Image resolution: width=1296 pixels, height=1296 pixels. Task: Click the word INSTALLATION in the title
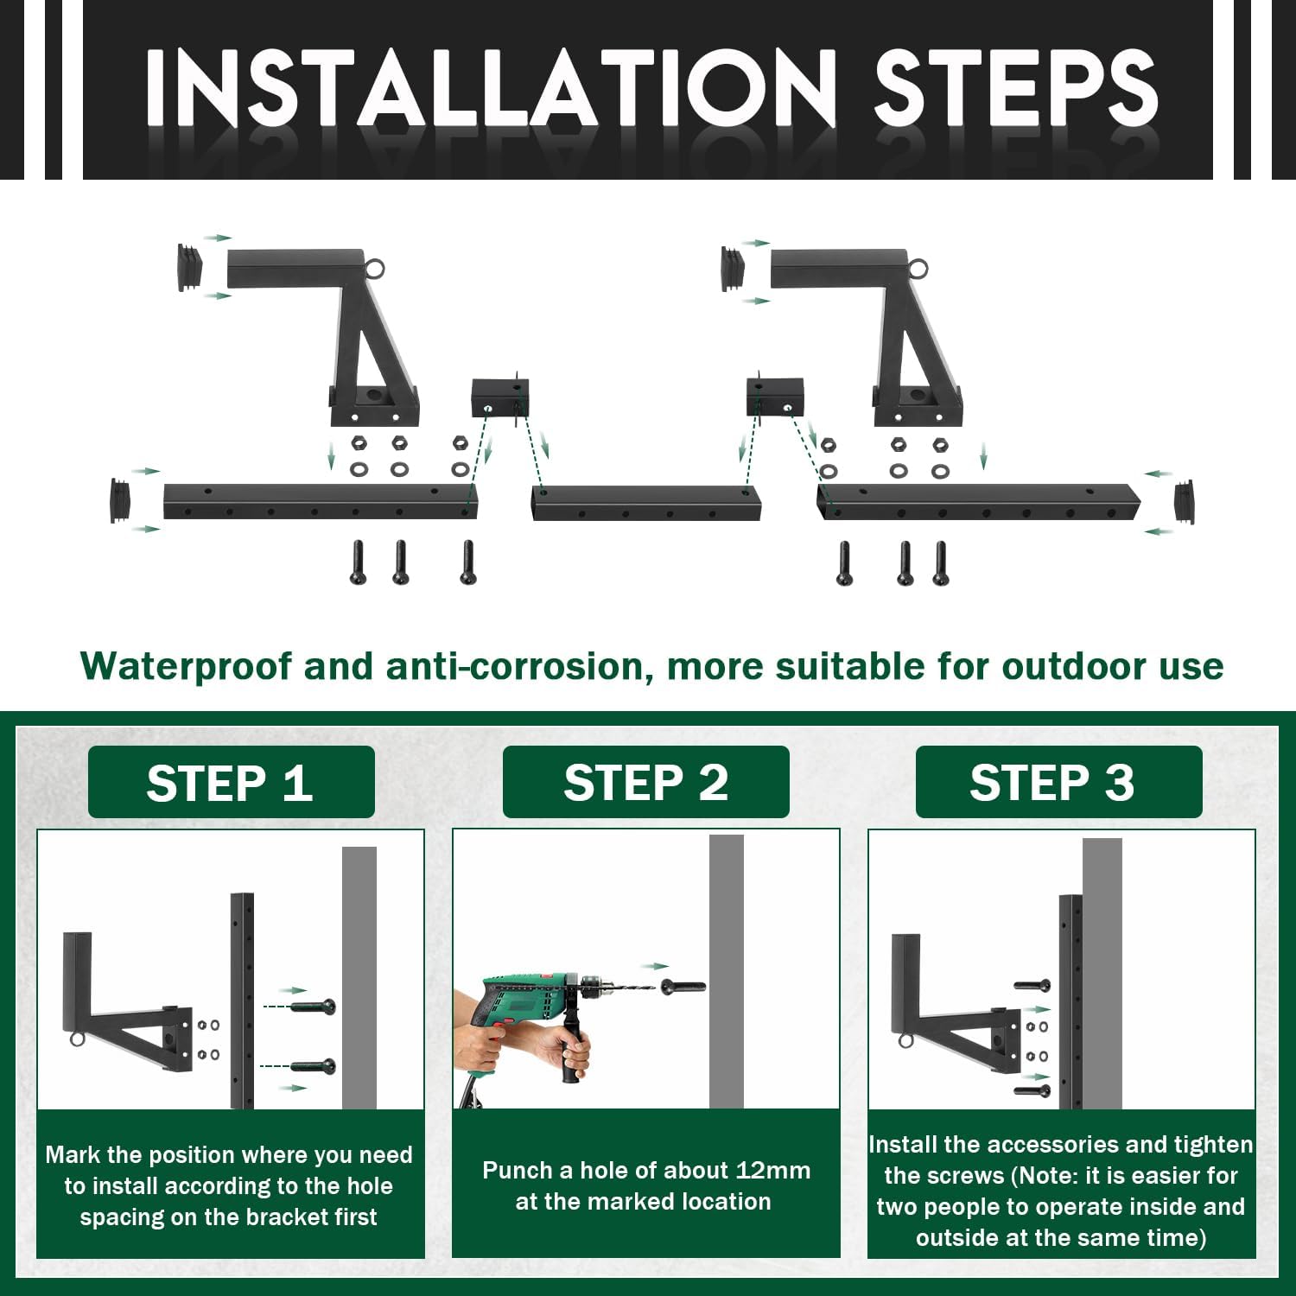[x=491, y=87]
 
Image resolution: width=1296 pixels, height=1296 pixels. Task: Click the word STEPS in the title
[x=1016, y=87]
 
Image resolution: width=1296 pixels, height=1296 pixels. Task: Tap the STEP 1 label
[x=230, y=783]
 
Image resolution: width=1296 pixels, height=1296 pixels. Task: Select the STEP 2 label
[x=645, y=783]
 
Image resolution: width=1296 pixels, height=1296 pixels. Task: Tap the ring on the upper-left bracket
[x=374, y=269]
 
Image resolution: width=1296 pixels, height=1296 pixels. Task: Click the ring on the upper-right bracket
[x=918, y=269]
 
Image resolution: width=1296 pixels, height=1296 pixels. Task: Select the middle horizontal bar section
[x=646, y=503]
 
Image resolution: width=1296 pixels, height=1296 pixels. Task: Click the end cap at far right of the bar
[x=1185, y=502]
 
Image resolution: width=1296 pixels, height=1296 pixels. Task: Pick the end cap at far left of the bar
[x=120, y=501]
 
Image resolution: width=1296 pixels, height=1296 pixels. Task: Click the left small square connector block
[x=500, y=397]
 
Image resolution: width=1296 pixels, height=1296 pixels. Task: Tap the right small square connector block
[x=775, y=397]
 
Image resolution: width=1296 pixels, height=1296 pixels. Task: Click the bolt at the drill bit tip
[x=683, y=986]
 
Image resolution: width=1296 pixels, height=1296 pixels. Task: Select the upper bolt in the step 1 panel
[x=312, y=1007]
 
